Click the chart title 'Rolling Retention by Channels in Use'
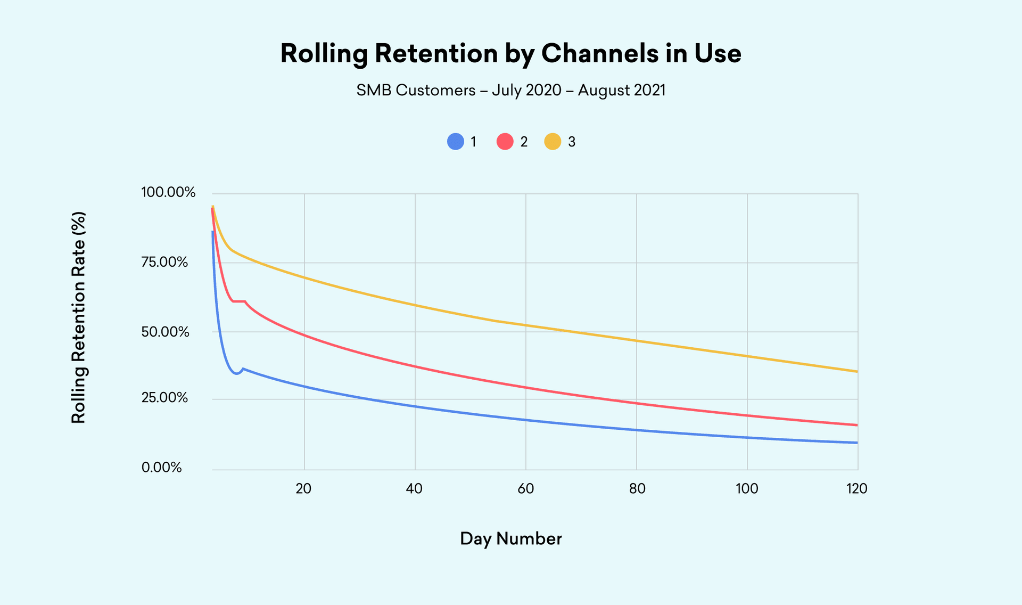[x=510, y=54]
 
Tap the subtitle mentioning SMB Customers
[x=510, y=91]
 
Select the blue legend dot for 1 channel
[x=456, y=142]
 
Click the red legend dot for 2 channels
[x=505, y=142]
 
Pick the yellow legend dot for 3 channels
[x=553, y=142]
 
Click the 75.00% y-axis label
[x=164, y=262]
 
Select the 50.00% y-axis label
[x=165, y=332]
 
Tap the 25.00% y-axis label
[x=164, y=398]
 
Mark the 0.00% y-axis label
[x=162, y=468]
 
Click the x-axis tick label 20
[x=303, y=488]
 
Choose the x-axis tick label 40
[x=414, y=488]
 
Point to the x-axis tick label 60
[x=525, y=488]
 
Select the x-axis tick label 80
[x=637, y=488]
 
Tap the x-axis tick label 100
[x=747, y=488]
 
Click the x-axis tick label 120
[x=857, y=488]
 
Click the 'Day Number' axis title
[x=510, y=539]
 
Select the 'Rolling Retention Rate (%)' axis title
[x=79, y=318]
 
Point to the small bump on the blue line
[x=243, y=369]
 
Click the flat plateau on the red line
[x=239, y=301]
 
